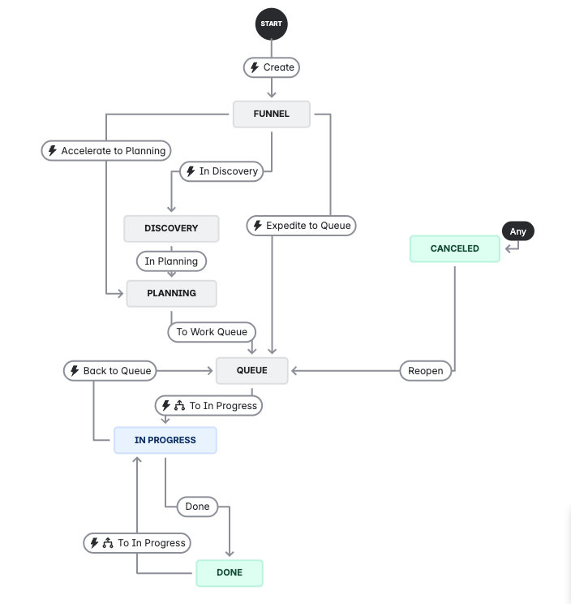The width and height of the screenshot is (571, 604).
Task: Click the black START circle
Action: point(272,24)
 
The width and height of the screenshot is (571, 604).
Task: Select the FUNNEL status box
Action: point(272,114)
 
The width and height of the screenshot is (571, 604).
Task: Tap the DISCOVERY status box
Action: point(171,228)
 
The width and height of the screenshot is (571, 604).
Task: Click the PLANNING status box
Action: point(172,293)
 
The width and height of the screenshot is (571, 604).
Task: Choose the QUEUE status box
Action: point(251,370)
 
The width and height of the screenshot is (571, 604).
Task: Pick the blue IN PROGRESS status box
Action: point(165,440)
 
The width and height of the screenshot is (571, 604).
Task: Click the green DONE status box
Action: point(230,572)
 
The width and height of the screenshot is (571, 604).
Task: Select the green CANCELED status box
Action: point(454,248)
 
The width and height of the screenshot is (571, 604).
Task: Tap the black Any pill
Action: point(518,231)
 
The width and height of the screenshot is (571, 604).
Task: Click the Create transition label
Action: point(272,67)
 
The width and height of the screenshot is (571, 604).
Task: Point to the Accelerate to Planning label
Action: point(106,151)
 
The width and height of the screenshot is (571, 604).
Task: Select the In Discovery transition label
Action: point(221,171)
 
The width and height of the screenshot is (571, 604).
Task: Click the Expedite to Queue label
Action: point(301,226)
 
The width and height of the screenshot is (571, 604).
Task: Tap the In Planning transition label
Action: point(171,261)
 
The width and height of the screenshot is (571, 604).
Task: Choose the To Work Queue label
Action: point(211,331)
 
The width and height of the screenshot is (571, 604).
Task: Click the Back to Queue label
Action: point(109,371)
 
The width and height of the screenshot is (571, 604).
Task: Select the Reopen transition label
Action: point(426,371)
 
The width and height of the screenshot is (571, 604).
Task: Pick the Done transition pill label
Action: point(197,507)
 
